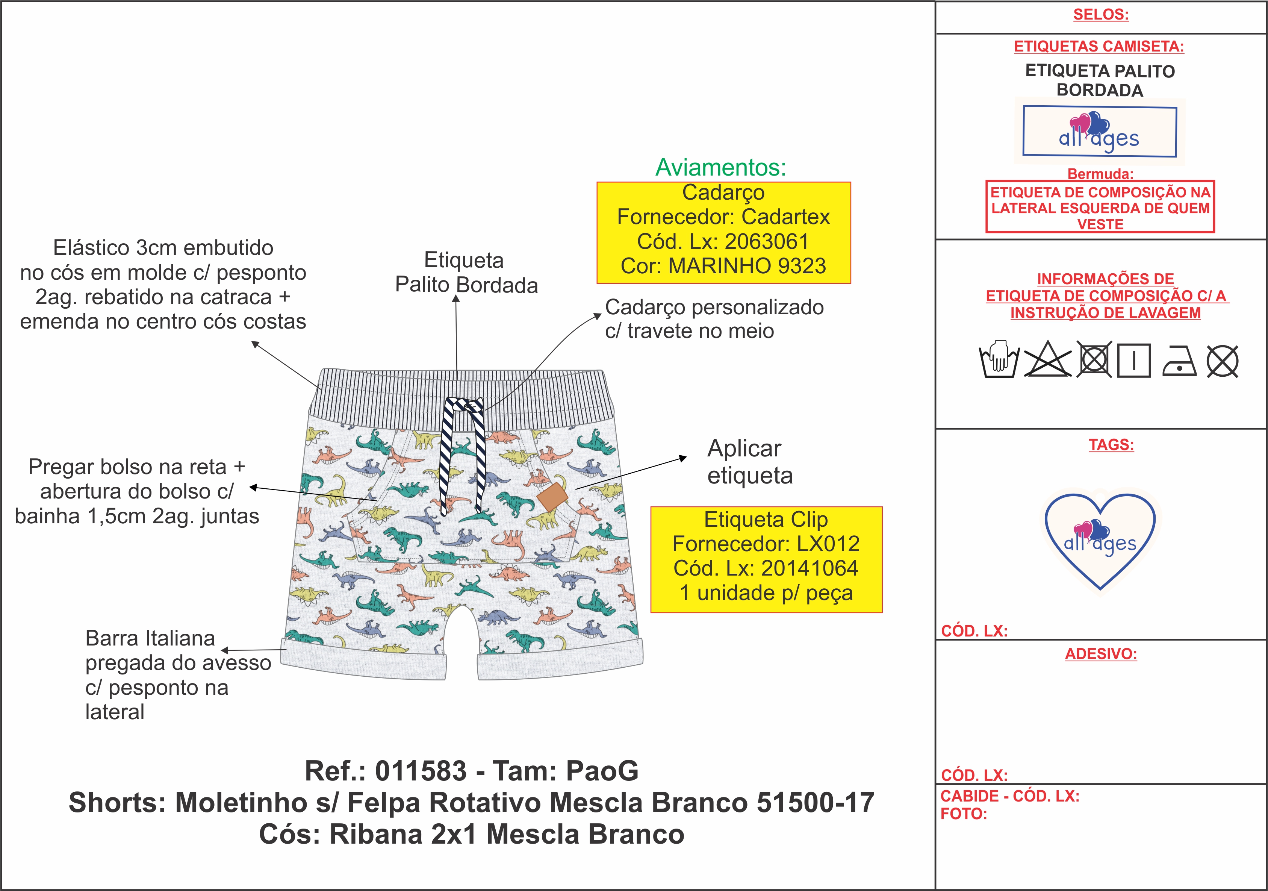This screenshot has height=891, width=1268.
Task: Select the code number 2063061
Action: (767, 241)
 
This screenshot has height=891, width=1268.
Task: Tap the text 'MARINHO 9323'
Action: (747, 266)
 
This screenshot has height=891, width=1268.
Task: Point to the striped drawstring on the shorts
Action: (463, 453)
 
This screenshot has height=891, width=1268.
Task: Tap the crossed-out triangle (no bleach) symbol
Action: (1047, 360)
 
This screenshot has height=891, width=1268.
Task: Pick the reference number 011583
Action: (421, 771)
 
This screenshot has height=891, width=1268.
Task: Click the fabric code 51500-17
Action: (815, 803)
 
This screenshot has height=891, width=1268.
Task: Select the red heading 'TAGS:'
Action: (1111, 445)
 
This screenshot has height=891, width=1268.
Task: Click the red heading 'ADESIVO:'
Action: (1101, 654)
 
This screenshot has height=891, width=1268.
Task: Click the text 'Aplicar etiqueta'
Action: (749, 462)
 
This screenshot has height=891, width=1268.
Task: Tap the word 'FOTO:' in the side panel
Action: (964, 814)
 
